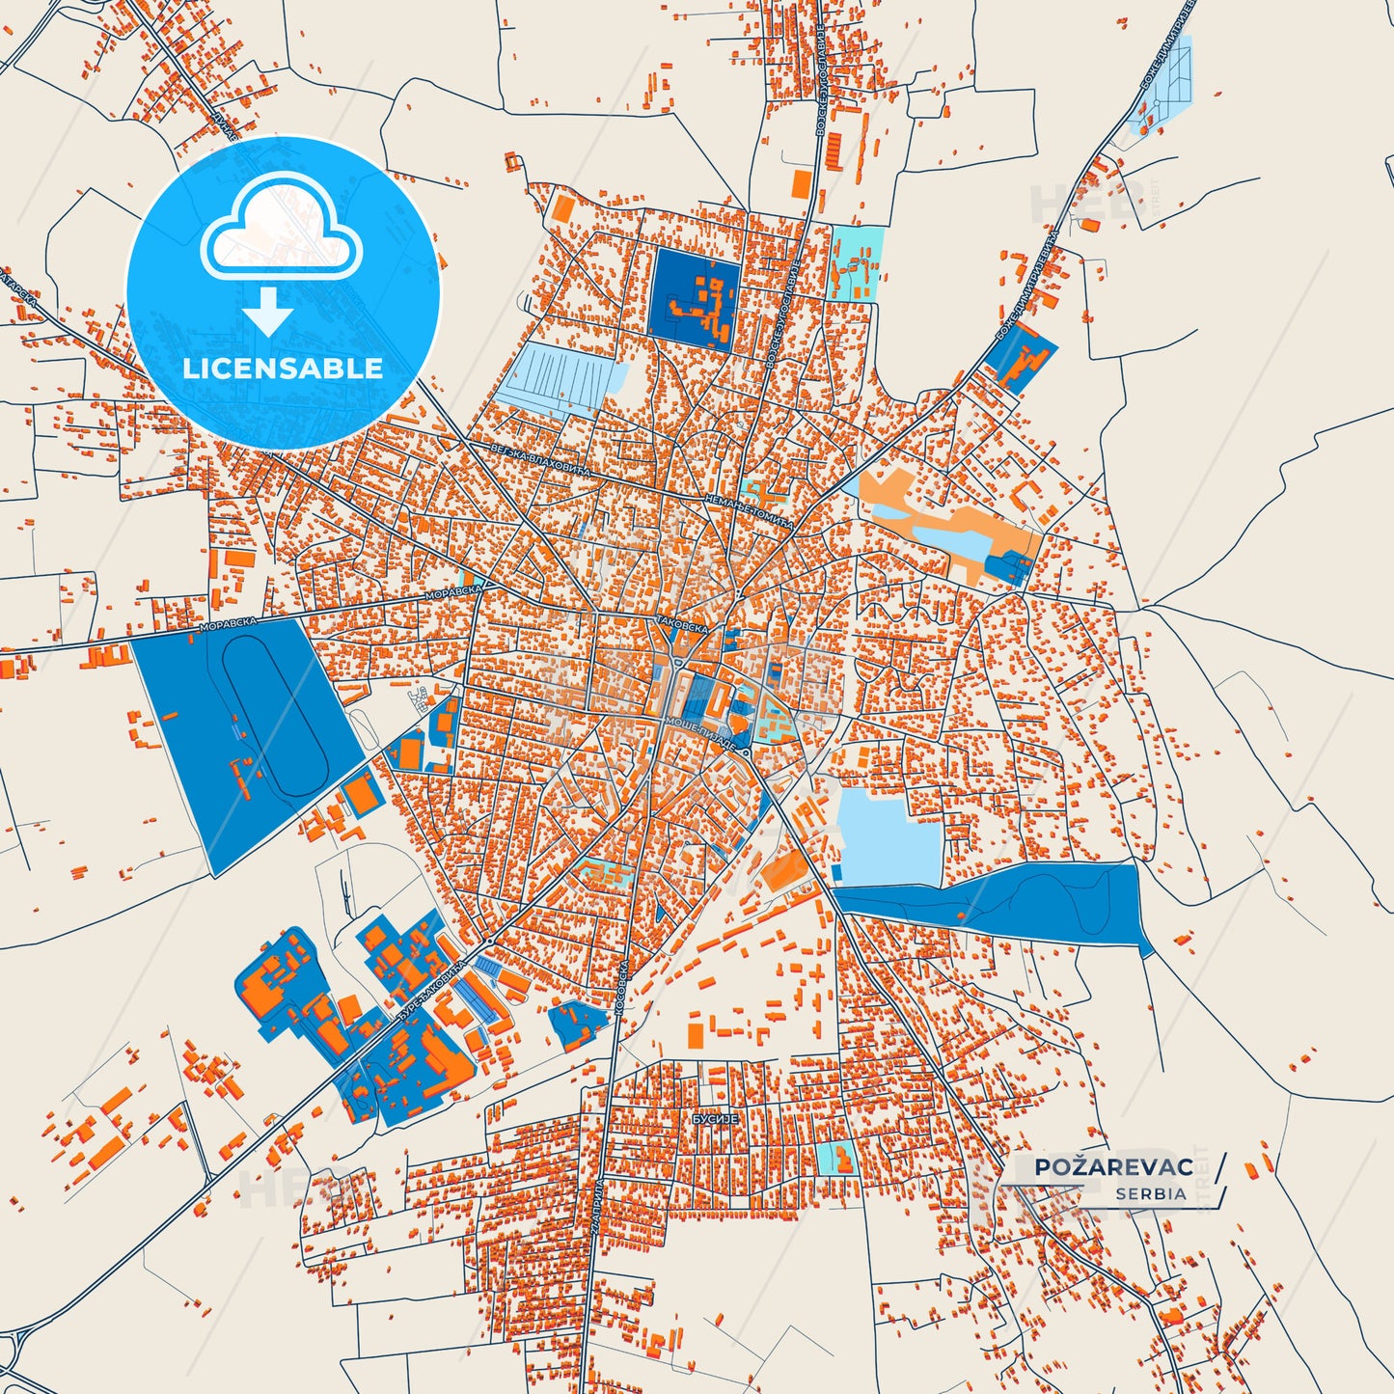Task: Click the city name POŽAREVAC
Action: [x=1113, y=1166]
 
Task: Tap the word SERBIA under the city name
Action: [x=1151, y=1193]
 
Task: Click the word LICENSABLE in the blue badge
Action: [x=283, y=368]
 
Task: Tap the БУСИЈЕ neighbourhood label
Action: [x=715, y=1119]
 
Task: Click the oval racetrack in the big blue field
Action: [x=276, y=715]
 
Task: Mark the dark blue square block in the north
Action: [x=696, y=292]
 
